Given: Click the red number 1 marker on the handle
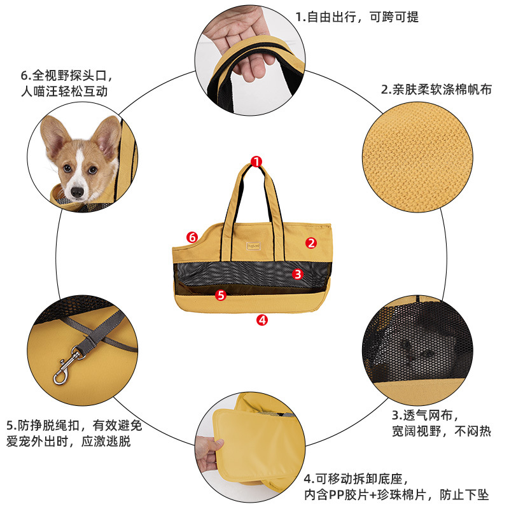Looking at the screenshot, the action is tap(256, 162).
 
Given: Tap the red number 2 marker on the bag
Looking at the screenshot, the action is tap(311, 243).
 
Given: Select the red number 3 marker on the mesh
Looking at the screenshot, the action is tap(297, 274).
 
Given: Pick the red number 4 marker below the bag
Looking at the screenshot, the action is tap(262, 320).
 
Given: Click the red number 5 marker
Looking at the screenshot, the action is tap(221, 295).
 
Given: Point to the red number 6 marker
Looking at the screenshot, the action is tap(192, 237).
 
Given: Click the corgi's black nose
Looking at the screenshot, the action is tap(77, 192).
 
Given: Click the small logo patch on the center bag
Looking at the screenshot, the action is tap(253, 246).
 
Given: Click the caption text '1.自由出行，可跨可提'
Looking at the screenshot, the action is tap(357, 17).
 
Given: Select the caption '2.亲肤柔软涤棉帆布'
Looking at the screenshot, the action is tap(436, 89).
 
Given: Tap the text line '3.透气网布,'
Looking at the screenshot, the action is tap(425, 415).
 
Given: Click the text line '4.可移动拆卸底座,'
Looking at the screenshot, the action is tap(356, 479).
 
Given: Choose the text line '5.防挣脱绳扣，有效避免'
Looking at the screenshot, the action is tap(74, 425).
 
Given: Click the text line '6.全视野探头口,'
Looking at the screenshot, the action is tap(67, 76).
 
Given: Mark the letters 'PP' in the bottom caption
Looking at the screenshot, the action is tap(337, 495).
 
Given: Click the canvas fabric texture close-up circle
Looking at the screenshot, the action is tap(417, 157).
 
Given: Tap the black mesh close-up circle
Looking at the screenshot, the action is tap(417, 351).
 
